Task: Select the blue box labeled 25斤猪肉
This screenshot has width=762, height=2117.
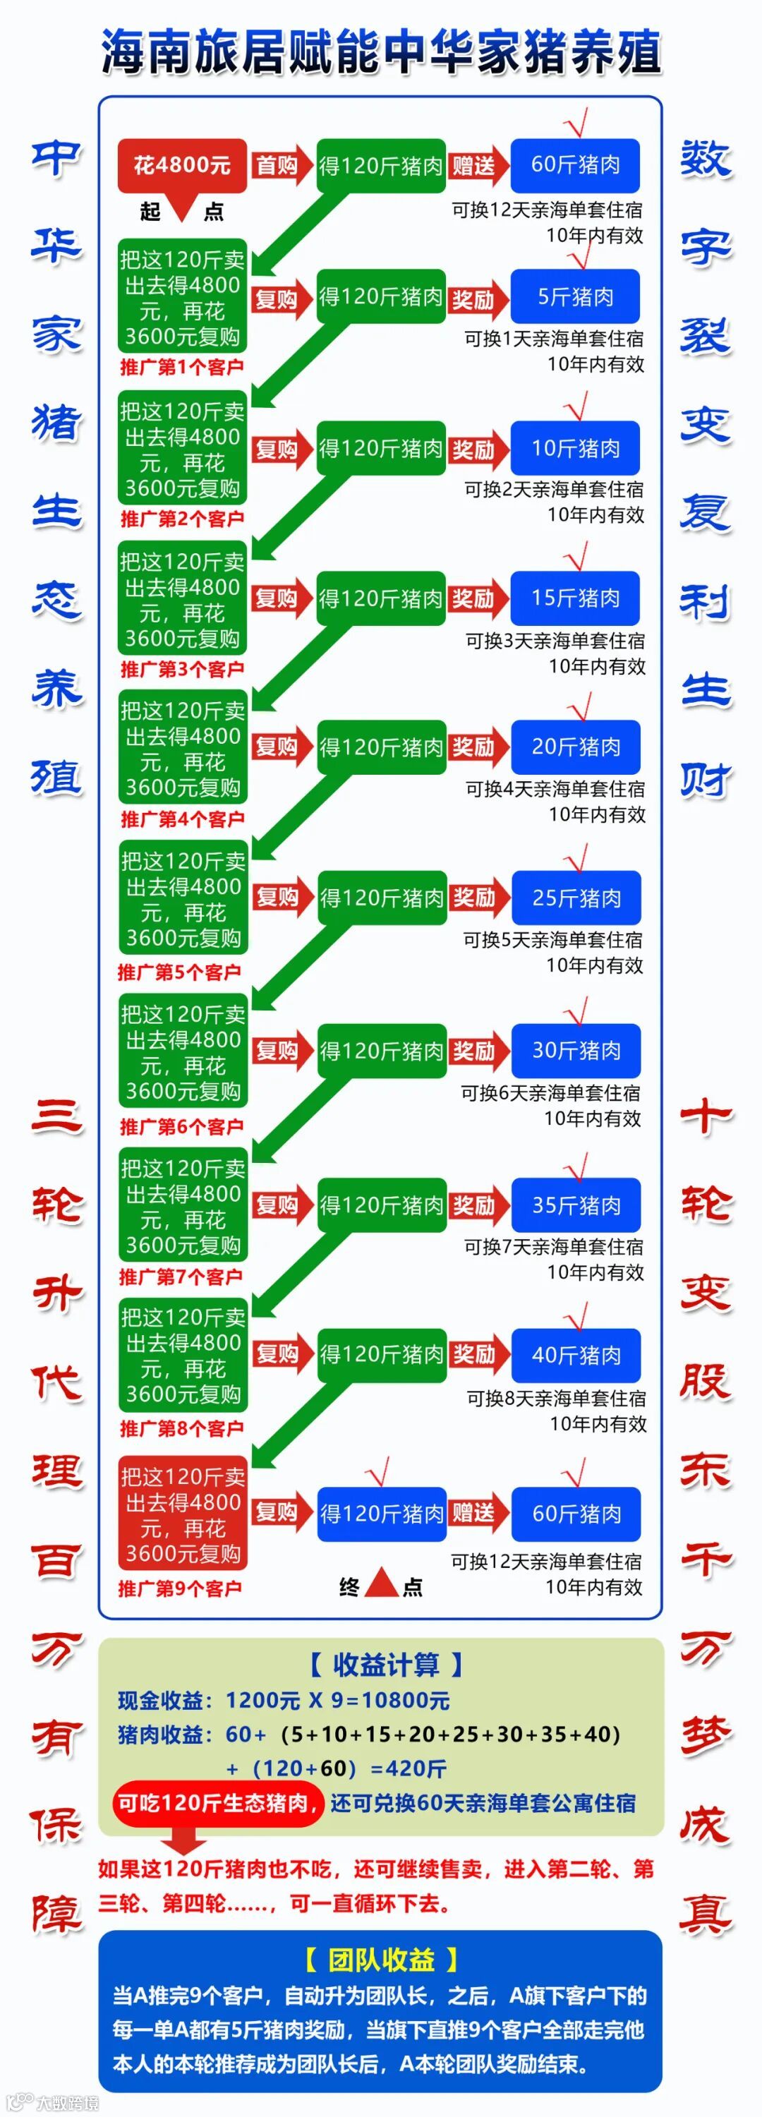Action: click(576, 898)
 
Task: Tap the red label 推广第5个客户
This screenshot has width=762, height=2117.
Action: click(179, 972)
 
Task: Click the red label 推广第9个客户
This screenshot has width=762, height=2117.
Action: click(180, 1588)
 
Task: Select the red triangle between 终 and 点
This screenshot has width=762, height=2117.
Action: click(380, 1584)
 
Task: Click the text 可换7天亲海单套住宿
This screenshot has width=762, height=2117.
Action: click(553, 1247)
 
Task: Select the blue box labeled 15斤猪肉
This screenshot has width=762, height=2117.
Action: click(576, 598)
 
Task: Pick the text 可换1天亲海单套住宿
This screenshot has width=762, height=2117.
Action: click(553, 339)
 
